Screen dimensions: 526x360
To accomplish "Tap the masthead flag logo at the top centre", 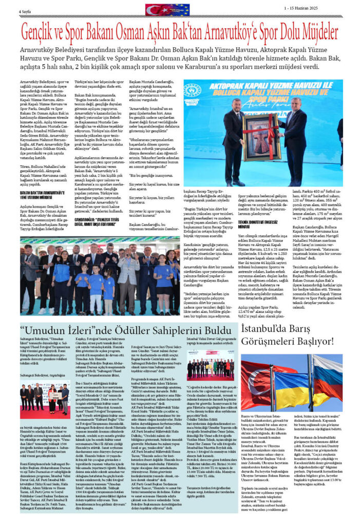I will tap(167, 9).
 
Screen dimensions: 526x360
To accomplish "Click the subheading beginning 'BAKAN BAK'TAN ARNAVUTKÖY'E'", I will tap(41, 192).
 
